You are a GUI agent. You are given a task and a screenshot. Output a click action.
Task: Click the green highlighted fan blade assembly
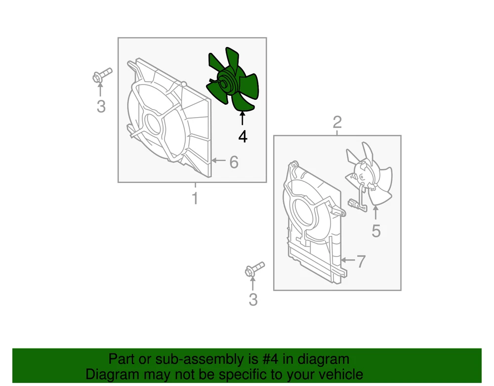[233, 81]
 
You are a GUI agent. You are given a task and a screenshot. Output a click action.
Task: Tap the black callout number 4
[243, 137]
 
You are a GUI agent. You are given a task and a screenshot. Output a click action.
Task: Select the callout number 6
[234, 162]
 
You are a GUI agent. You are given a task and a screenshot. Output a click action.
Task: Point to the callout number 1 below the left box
[195, 198]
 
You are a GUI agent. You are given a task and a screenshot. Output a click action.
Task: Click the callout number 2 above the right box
[337, 122]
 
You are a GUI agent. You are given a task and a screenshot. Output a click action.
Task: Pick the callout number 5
[376, 231]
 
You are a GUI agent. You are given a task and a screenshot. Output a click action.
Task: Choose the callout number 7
[361, 261]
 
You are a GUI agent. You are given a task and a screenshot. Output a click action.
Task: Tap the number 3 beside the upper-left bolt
[101, 106]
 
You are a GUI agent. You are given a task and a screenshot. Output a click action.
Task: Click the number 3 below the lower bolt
[253, 300]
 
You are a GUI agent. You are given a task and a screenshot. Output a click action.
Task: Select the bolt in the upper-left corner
[102, 76]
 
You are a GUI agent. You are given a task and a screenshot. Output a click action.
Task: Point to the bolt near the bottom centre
[254, 269]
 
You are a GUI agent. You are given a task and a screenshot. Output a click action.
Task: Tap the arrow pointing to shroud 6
[219, 161]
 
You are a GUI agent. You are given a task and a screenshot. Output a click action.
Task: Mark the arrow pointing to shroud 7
[348, 260]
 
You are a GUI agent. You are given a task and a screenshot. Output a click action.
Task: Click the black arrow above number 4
[242, 119]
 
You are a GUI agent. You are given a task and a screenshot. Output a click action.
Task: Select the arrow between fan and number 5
[375, 213]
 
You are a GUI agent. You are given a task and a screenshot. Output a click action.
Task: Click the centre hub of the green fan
[224, 84]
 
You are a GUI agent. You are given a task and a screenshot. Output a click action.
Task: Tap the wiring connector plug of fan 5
[353, 203]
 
